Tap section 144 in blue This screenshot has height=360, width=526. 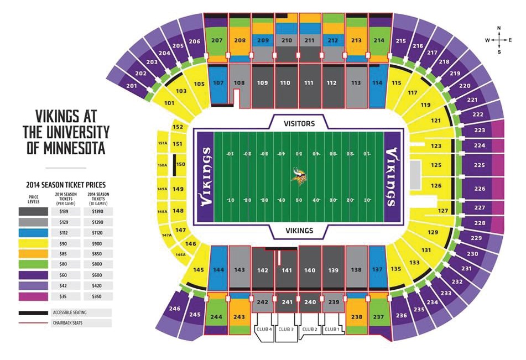coord(218,270)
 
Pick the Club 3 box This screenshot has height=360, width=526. coord(286,329)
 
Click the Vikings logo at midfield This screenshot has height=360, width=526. coord(299,176)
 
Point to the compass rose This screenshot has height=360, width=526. coord(499,40)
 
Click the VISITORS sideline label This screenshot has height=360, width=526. coord(299,123)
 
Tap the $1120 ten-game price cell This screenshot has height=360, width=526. coord(97,233)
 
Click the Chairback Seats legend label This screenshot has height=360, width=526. coord(67,322)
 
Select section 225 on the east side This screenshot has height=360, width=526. coord(479,165)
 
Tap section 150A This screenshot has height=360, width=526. coord(162,165)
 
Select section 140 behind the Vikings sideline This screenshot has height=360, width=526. coord(310,270)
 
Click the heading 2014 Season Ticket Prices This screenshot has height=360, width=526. coord(66,185)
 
